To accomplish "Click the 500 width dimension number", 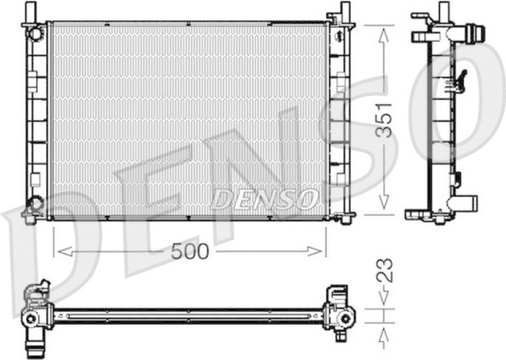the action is tap(190, 251).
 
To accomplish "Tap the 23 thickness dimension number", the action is tap(385, 270).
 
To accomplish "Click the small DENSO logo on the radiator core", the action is tap(264, 198).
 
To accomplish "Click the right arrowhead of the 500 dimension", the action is tap(315, 251).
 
